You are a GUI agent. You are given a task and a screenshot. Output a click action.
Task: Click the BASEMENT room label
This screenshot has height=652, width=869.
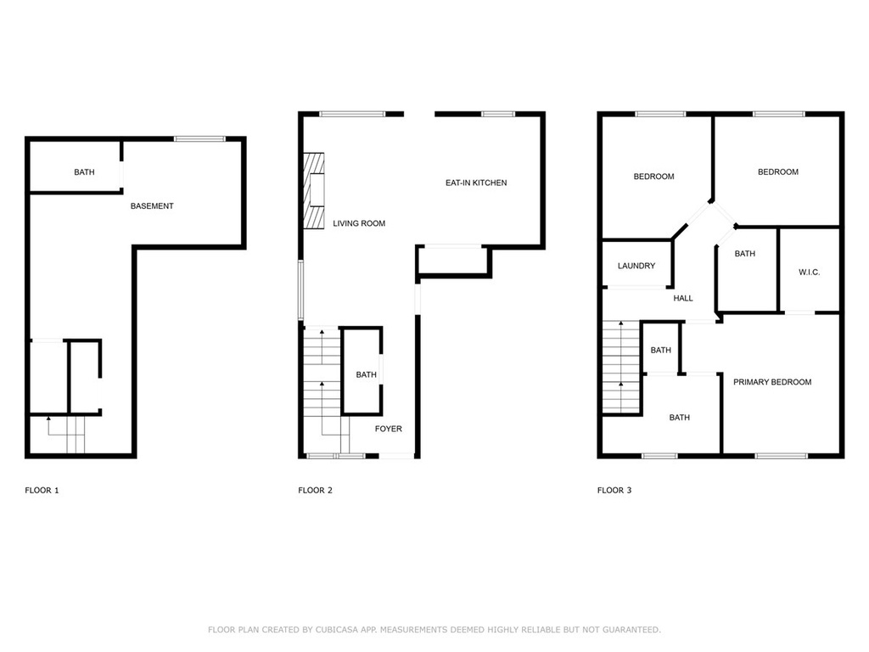(x=152, y=205)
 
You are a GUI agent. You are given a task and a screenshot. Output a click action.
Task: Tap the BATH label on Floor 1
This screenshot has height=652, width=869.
(x=84, y=171)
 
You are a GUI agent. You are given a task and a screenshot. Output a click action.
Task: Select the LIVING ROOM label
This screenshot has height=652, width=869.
(x=359, y=223)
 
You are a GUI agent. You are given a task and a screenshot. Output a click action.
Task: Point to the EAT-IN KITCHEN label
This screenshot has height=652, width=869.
(x=476, y=183)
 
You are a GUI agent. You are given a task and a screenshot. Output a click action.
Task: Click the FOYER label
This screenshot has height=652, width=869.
(x=388, y=429)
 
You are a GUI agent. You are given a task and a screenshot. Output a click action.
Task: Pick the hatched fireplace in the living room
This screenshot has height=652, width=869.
(x=314, y=191)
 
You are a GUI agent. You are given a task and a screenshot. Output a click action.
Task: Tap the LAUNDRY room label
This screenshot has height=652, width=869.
(x=636, y=266)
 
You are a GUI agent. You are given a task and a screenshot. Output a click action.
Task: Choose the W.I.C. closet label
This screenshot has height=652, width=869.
(x=809, y=273)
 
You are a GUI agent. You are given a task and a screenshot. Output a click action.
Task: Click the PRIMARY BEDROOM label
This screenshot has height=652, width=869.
(x=772, y=382)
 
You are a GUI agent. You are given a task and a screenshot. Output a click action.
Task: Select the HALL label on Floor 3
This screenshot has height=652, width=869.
(x=683, y=298)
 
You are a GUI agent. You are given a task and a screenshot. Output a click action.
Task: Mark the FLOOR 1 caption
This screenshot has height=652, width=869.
(x=42, y=490)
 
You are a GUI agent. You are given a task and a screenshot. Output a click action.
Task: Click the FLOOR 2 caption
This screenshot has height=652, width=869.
(x=315, y=490)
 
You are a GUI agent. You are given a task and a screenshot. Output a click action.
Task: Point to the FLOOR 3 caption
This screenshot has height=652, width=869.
(x=614, y=490)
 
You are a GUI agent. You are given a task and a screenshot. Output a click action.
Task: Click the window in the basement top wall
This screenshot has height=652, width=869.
(x=199, y=138)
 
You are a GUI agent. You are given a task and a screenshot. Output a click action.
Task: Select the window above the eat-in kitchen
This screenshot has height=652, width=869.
(x=498, y=115)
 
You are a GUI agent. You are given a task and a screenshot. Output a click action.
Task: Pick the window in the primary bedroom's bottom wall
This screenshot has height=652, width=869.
(x=782, y=456)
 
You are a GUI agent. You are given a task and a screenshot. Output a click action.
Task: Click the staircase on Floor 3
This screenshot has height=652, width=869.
(x=621, y=367)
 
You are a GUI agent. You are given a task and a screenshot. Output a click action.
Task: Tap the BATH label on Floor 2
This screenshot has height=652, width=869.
(x=366, y=374)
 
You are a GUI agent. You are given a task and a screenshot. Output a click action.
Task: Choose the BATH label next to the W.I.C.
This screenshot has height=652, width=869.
(x=745, y=253)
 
